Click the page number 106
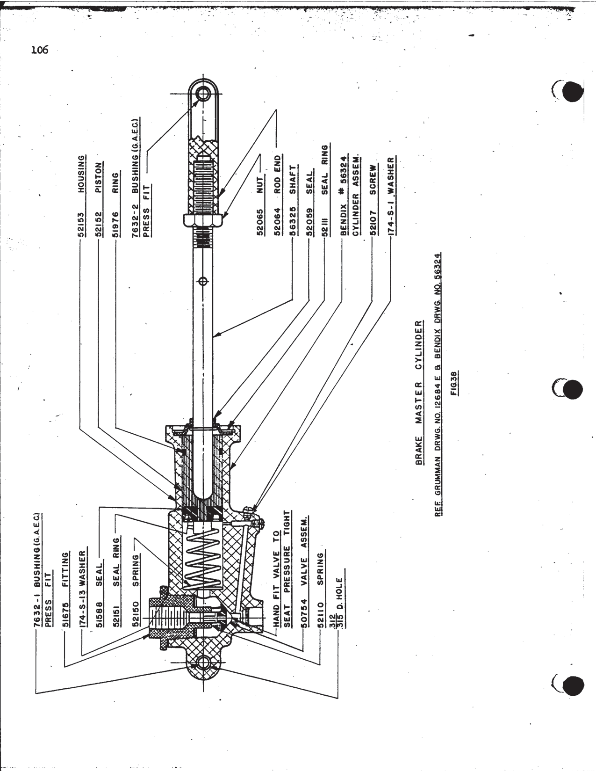tap(40, 50)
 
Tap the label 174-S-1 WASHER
tap(391, 197)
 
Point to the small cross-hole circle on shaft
tap(203, 281)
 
